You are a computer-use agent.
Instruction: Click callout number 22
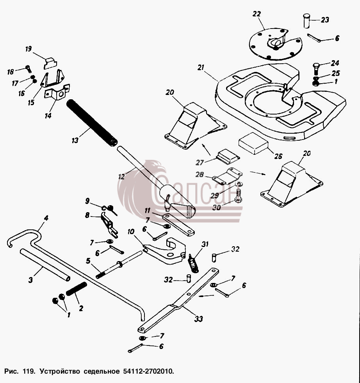coord(257,14)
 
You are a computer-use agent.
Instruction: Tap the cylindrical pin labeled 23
coord(307,21)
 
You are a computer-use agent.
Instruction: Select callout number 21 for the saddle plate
coord(201,67)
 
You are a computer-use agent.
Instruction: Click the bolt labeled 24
coord(315,69)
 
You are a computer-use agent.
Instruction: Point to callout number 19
coord(29,49)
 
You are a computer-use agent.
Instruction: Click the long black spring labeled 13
coord(92,123)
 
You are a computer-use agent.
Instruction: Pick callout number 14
coord(48,115)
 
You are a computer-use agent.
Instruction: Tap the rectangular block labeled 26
coord(253,143)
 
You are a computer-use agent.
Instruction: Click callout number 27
coord(200,163)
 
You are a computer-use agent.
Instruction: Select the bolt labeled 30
coord(238,196)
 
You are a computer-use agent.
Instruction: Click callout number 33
coord(199,319)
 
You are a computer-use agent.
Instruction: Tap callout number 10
coord(131,231)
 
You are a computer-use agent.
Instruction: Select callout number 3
coord(30,280)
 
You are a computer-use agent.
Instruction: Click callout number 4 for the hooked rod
coord(46,218)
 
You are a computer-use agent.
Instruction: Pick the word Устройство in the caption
coord(60,372)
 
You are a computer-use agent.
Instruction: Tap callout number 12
coord(121,176)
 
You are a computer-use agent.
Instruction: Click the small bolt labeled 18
coord(29,69)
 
